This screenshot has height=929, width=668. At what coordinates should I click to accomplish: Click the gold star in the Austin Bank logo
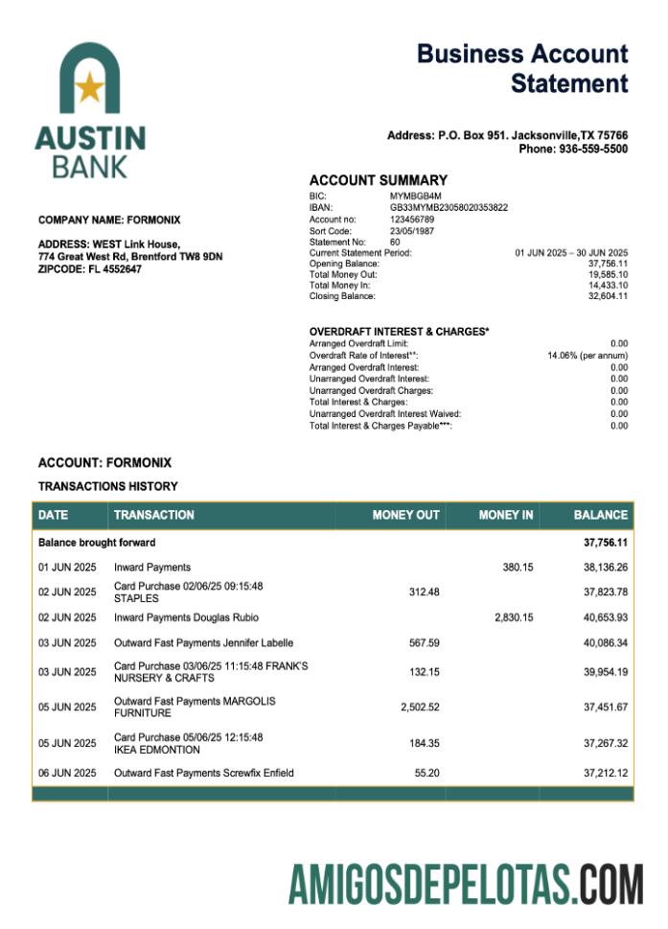89,88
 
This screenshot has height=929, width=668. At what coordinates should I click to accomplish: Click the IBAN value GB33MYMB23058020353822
449,207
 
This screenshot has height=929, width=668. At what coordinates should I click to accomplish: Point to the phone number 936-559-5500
573,150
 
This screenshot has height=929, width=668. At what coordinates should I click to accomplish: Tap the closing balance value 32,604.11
608,296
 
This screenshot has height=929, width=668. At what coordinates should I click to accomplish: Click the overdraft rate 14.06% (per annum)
587,355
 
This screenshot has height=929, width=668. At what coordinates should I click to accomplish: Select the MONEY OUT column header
405,515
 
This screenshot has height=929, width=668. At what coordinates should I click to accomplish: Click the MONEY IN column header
506,515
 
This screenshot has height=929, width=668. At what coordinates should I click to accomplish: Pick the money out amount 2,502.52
420,708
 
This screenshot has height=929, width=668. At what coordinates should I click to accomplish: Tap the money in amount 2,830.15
514,617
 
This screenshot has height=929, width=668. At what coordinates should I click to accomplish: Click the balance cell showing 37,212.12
606,773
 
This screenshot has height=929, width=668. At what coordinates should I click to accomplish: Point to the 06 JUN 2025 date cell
67,773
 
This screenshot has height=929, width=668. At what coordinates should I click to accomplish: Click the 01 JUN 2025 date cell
67,568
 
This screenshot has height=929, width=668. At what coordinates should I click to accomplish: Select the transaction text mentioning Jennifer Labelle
203,642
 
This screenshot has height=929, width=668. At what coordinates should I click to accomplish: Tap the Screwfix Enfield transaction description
203,773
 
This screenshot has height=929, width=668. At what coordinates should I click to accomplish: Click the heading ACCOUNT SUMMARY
378,180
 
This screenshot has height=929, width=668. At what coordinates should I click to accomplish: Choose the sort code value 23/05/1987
411,231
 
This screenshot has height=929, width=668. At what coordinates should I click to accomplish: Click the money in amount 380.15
518,568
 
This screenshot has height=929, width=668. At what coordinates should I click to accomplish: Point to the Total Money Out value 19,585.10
608,273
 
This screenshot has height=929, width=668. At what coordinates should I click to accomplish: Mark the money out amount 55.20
426,773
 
